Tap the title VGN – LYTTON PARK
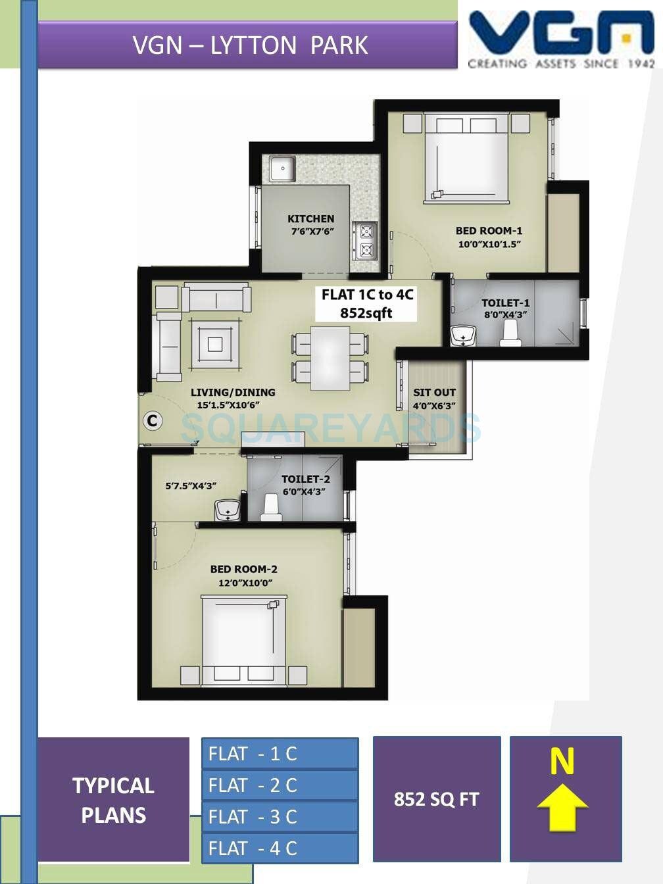click(250, 45)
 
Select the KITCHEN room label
click(310, 219)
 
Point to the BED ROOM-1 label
click(489, 231)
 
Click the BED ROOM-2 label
click(243, 570)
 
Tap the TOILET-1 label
click(505, 303)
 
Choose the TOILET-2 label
click(306, 479)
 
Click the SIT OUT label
click(434, 393)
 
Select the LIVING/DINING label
click(233, 393)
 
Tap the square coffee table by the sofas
click(215, 343)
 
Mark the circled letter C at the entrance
click(153, 420)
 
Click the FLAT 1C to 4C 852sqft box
click(366, 304)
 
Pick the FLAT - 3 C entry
click(280, 817)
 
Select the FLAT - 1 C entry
click(280, 754)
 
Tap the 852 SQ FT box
click(437, 799)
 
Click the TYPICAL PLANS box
click(114, 800)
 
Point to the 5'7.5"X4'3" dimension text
click(191, 487)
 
